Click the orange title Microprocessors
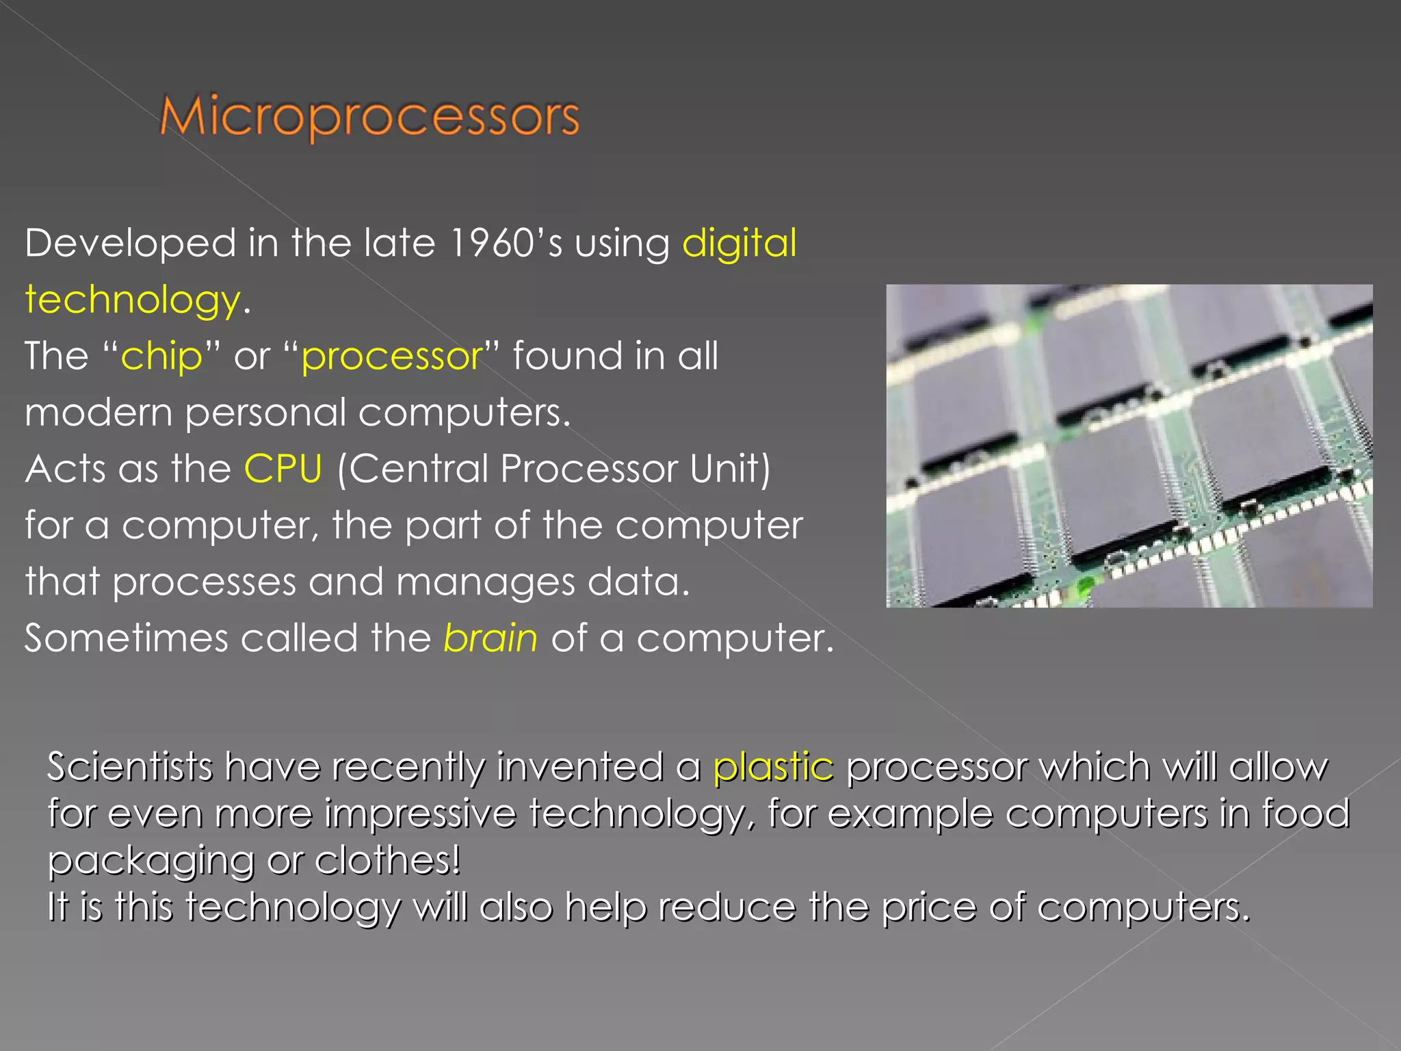(x=369, y=118)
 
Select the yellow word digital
(x=739, y=244)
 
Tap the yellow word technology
(x=133, y=300)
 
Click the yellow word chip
(x=161, y=357)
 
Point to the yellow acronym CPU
(x=283, y=469)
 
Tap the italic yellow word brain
(x=490, y=638)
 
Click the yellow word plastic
(x=773, y=767)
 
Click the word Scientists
(x=130, y=766)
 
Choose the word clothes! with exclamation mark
(x=387, y=860)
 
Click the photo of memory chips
(x=1129, y=446)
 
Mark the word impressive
(x=420, y=814)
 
